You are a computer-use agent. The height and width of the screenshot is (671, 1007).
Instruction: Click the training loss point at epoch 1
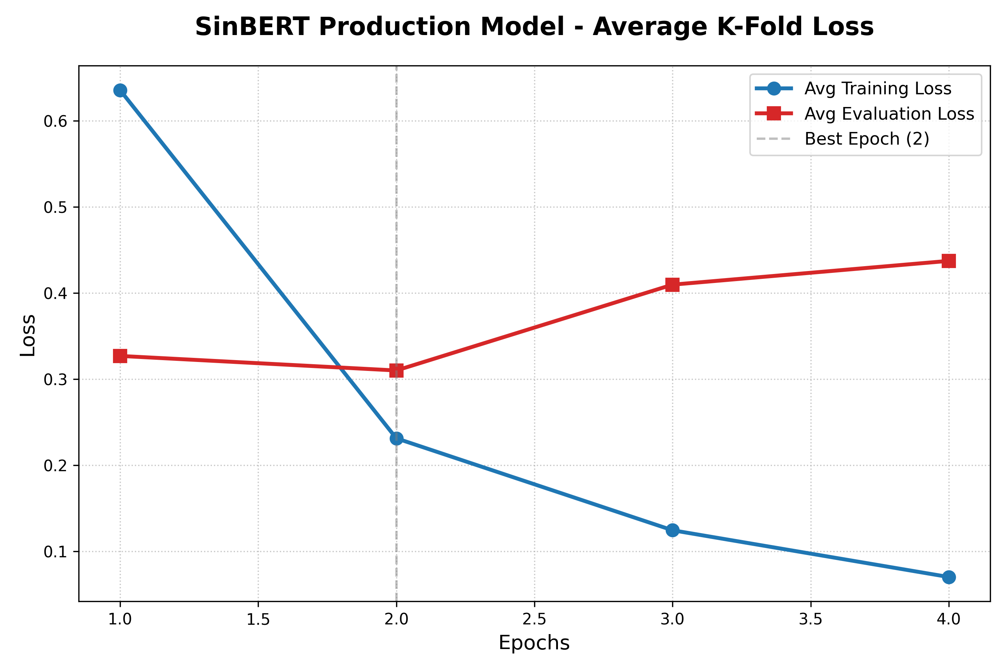point(120,90)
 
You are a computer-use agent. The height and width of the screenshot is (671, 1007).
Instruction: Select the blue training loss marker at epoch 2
point(396,439)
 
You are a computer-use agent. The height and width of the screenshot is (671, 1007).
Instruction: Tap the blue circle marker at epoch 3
point(672,530)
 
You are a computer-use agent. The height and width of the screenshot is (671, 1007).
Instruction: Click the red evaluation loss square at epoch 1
point(120,356)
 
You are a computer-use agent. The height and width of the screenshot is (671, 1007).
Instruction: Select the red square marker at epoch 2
point(396,370)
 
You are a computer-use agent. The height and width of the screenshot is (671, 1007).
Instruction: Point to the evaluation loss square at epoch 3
point(672,284)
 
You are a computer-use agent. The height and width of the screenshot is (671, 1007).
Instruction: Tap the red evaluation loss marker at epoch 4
point(949,261)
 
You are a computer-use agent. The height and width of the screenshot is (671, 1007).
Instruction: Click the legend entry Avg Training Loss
point(878,89)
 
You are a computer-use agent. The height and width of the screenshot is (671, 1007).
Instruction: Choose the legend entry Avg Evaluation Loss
point(889,114)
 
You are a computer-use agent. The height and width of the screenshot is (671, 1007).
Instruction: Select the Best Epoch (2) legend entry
point(866,139)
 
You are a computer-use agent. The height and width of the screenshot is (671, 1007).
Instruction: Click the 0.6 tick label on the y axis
point(55,122)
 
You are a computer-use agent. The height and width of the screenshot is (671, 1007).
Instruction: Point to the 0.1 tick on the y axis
point(55,552)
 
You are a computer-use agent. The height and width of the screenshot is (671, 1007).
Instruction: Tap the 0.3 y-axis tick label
point(55,380)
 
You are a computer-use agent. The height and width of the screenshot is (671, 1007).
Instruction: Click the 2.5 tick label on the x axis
point(534,619)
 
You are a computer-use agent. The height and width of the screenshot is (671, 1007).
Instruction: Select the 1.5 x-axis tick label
point(258,619)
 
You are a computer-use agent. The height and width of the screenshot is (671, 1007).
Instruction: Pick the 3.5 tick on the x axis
point(810,619)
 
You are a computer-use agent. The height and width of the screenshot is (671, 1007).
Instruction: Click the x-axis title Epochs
point(534,643)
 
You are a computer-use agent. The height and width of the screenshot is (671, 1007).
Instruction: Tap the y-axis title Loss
point(28,335)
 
